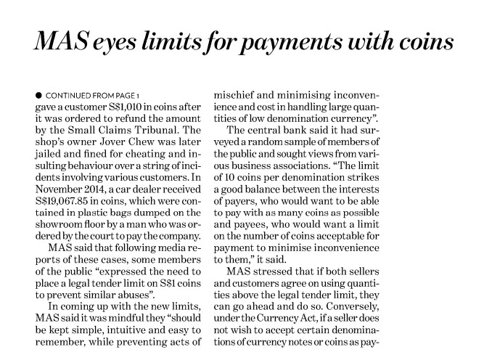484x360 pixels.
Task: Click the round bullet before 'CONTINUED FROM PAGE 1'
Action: coord(37,95)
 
